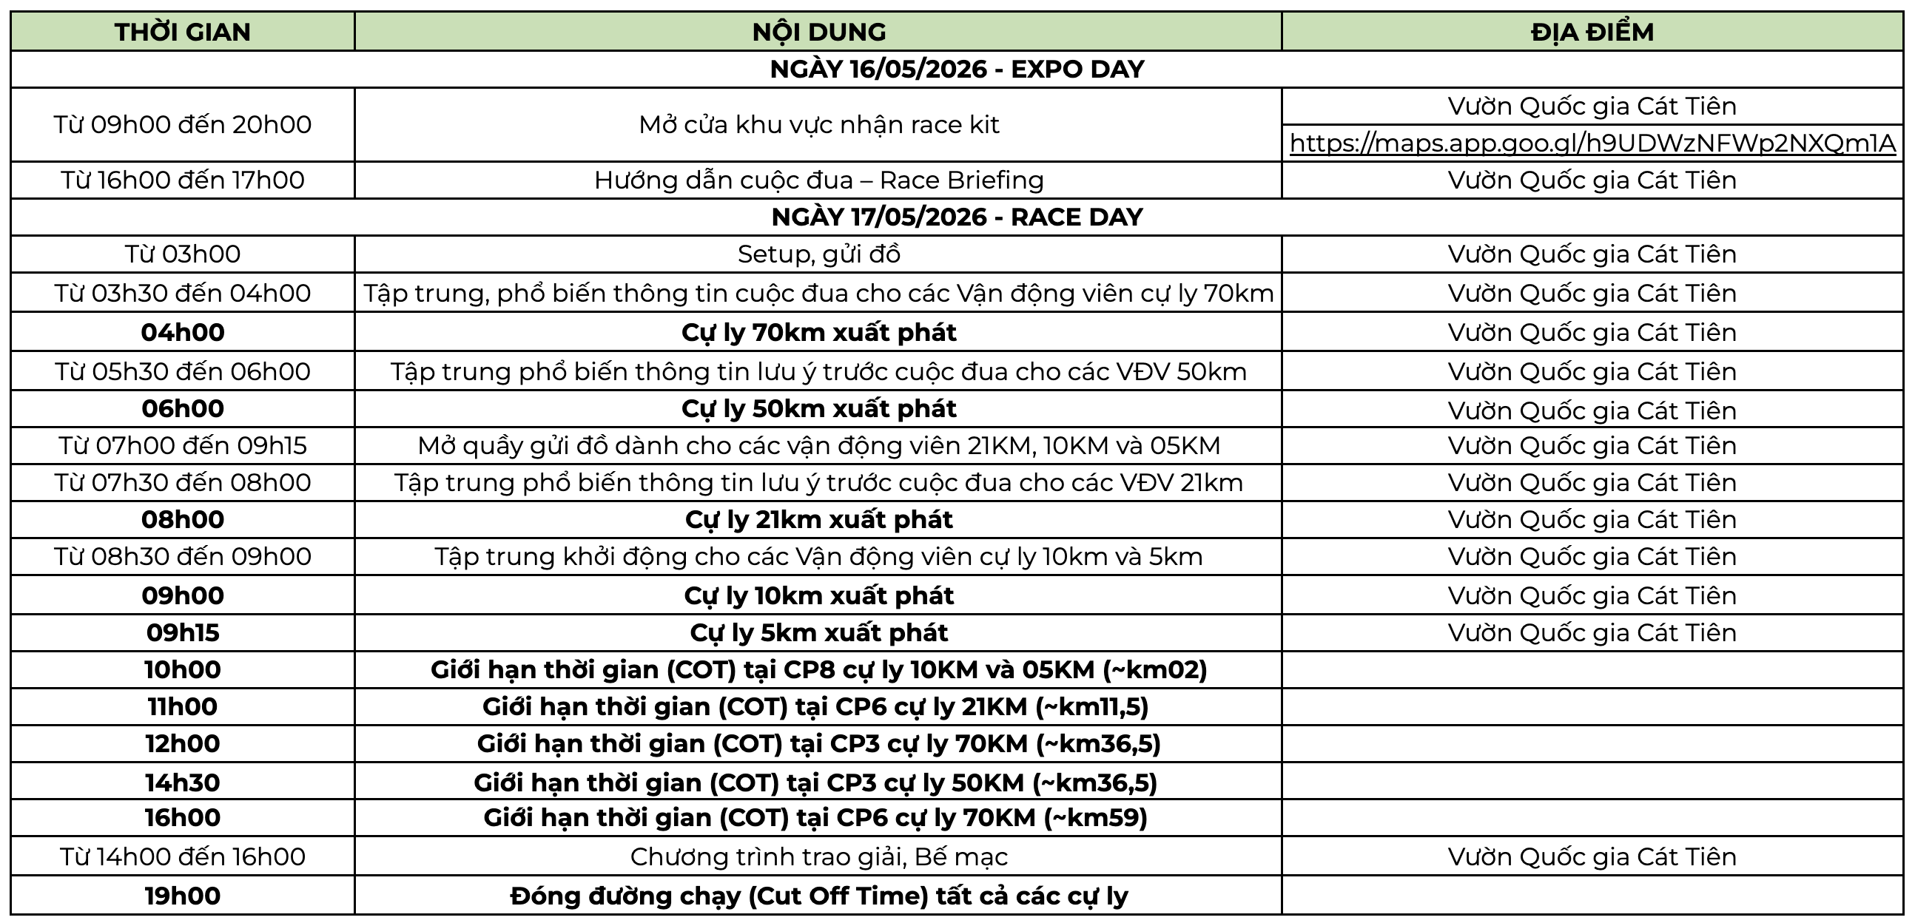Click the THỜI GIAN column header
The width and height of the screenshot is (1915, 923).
[182, 32]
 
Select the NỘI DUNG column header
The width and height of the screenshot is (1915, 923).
[818, 32]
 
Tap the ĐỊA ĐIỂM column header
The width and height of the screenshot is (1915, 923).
[1592, 32]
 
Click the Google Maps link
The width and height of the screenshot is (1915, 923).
[1592, 143]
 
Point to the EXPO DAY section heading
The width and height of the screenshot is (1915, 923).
[957, 69]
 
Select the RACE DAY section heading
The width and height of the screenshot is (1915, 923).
[957, 217]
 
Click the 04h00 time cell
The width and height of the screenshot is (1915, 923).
[182, 332]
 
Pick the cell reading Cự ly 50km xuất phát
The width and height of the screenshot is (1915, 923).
[818, 409]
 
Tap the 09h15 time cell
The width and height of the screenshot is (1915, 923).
[182, 632]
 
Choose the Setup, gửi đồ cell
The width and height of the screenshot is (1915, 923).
[818, 254]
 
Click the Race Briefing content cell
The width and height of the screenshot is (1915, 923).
[818, 180]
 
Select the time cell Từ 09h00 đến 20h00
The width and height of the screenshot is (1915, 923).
[182, 124]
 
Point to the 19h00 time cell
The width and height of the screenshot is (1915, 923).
[182, 896]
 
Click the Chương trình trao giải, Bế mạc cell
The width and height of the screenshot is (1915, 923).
[818, 857]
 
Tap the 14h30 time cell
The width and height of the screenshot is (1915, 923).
[182, 782]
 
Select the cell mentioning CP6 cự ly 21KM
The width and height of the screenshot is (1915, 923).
[815, 706]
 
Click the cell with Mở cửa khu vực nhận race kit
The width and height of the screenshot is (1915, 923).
[818, 124]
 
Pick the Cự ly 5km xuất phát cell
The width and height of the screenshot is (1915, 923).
[818, 632]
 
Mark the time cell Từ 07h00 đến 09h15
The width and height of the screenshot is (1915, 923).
[182, 445]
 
